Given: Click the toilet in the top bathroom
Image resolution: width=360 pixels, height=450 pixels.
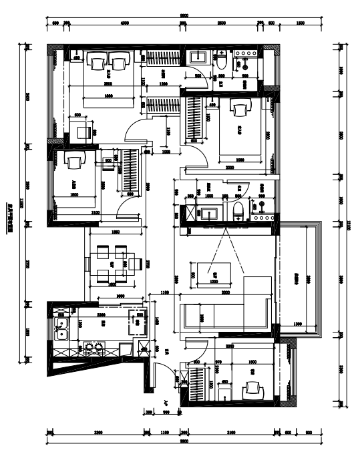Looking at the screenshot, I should pyautogui.click(x=222, y=61).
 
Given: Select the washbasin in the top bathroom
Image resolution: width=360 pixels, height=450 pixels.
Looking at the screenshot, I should pyautogui.click(x=198, y=56).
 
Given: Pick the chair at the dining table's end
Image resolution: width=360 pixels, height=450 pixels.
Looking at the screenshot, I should pyautogui.click(x=135, y=264).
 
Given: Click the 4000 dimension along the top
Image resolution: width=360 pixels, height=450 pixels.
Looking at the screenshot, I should pyautogui.click(x=125, y=23).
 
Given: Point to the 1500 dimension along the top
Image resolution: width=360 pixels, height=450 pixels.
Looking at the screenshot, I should pyautogui.click(x=300, y=23).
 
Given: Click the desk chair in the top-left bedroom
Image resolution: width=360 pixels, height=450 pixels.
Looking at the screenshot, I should pyautogui.click(x=83, y=131).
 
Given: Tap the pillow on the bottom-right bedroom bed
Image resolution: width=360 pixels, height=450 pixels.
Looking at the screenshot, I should pyautogui.click(x=253, y=387).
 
